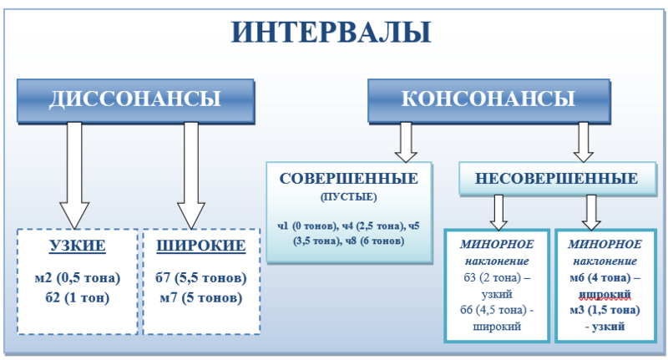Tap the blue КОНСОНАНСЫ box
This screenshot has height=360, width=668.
488,99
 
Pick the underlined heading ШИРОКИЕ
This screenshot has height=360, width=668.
200,246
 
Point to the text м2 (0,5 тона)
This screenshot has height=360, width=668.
78,277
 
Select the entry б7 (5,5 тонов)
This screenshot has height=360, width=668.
200,277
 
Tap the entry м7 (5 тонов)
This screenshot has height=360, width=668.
200,297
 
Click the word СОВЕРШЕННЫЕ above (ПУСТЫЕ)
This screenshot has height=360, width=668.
349,179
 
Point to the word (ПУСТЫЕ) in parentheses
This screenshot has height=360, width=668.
349,197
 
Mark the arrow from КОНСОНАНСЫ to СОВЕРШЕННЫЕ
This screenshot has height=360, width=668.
406,141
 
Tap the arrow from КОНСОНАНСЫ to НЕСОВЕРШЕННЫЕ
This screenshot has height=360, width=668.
583,141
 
